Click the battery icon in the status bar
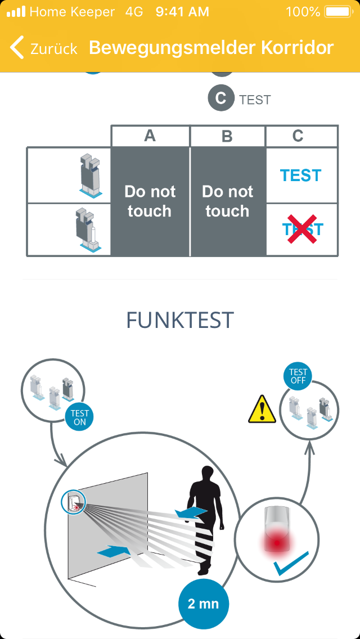click(x=338, y=12)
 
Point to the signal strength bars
click(x=16, y=11)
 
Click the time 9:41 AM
click(x=182, y=12)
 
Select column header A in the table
click(x=150, y=136)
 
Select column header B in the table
click(x=227, y=136)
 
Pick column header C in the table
click(x=298, y=136)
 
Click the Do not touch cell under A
click(x=150, y=201)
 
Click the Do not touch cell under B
click(x=227, y=201)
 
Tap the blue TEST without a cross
click(x=301, y=175)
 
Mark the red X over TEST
click(x=302, y=229)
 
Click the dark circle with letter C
click(x=221, y=98)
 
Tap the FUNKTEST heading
click(x=180, y=320)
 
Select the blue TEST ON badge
click(x=79, y=418)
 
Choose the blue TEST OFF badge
click(x=298, y=376)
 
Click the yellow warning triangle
click(x=262, y=409)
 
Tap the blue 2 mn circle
click(x=204, y=604)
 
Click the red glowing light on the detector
click(x=277, y=543)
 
